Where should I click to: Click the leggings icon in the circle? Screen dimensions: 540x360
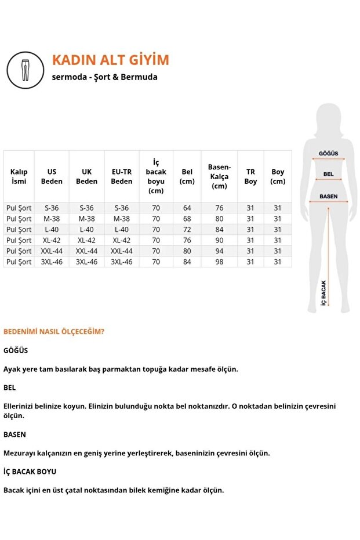coord(26,68)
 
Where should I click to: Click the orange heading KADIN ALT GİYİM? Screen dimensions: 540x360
coord(110,60)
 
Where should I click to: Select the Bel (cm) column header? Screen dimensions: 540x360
coord(187,176)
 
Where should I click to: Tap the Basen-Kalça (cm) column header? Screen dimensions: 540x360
coord(219,176)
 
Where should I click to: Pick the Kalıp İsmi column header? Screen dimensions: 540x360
coord(19,176)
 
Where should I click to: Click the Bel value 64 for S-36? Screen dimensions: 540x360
coord(187,208)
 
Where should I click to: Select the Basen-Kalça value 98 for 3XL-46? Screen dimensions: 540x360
coord(219,262)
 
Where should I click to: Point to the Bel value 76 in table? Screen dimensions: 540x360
coord(187,240)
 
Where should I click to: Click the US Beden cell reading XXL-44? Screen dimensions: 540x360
coord(52,251)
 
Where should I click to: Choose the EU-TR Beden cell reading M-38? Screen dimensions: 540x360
coord(122,219)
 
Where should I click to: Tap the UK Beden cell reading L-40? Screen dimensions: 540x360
coord(86,230)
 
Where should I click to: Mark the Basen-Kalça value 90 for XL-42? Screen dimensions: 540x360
coord(219,240)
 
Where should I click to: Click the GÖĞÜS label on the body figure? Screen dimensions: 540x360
coord(329,154)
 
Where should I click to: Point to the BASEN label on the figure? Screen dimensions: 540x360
coord(328,197)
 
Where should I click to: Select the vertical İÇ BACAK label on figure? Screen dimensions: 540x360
coord(324,293)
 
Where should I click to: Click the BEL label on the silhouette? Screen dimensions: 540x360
coord(328,174)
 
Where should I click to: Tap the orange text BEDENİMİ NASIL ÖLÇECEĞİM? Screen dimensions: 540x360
coord(54,332)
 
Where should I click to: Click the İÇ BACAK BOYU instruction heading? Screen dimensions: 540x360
coord(30,472)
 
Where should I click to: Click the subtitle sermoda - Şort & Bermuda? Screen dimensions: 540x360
coord(104,77)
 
